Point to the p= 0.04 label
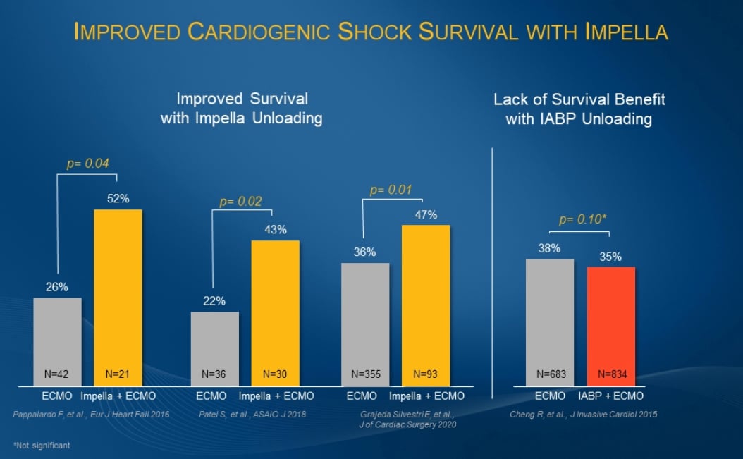[88, 164]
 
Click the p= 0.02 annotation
[240, 202]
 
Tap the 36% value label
[364, 252]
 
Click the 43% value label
[276, 229]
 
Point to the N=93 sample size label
[426, 374]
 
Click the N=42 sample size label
[57, 374]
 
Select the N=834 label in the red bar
[610, 374]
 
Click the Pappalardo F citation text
[91, 415]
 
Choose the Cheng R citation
[583, 415]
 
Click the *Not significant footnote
[42, 446]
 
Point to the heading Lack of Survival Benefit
[579, 99]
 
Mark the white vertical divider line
[492, 268]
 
